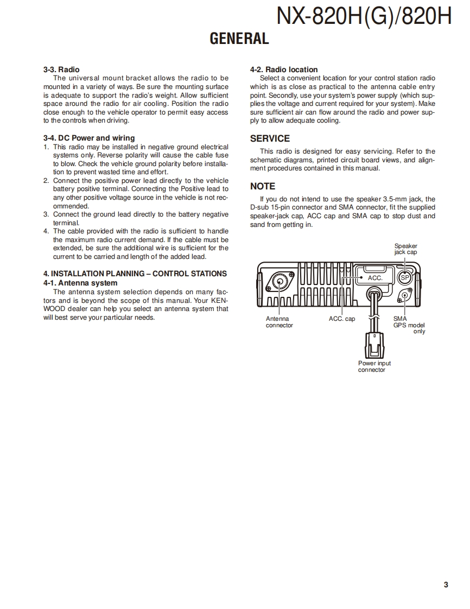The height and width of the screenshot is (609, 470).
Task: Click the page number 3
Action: tap(446, 585)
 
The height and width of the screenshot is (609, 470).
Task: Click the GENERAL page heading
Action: tap(239, 39)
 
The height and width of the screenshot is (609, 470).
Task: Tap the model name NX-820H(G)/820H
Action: tap(364, 16)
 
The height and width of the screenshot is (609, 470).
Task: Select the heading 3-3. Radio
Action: tap(61, 69)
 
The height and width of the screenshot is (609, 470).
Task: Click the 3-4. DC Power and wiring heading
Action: tap(89, 138)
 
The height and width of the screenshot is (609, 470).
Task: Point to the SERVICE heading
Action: tap(270, 138)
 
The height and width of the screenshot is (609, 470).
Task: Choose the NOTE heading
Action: tap(263, 186)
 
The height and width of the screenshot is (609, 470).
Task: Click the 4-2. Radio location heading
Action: tap(284, 69)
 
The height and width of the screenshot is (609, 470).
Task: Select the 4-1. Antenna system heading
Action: tap(80, 283)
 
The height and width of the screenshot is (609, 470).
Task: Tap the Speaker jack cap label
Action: tap(405, 249)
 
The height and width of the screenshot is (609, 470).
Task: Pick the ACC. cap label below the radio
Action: tap(342, 319)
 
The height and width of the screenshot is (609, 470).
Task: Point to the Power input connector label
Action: tap(374, 366)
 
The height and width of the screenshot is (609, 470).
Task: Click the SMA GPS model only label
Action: tap(409, 325)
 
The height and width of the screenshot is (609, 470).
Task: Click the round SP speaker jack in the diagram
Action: tap(404, 278)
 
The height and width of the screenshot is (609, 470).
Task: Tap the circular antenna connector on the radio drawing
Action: tap(281, 281)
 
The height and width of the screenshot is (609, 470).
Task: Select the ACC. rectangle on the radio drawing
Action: tap(375, 277)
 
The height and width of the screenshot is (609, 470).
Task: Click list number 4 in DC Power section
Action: tap(46, 231)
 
